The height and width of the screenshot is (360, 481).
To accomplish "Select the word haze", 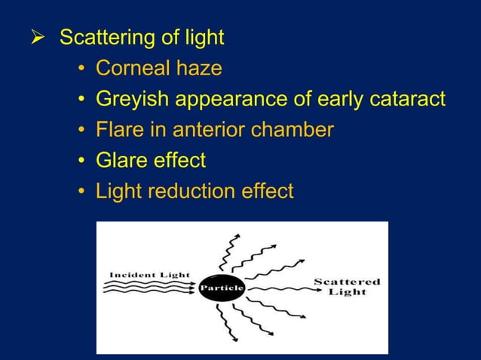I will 196,69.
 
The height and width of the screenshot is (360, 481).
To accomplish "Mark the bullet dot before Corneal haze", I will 81,69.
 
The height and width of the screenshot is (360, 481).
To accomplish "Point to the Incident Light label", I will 150,274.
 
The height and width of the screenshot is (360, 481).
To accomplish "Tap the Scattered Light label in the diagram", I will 347,287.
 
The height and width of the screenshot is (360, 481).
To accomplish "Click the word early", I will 334,99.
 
